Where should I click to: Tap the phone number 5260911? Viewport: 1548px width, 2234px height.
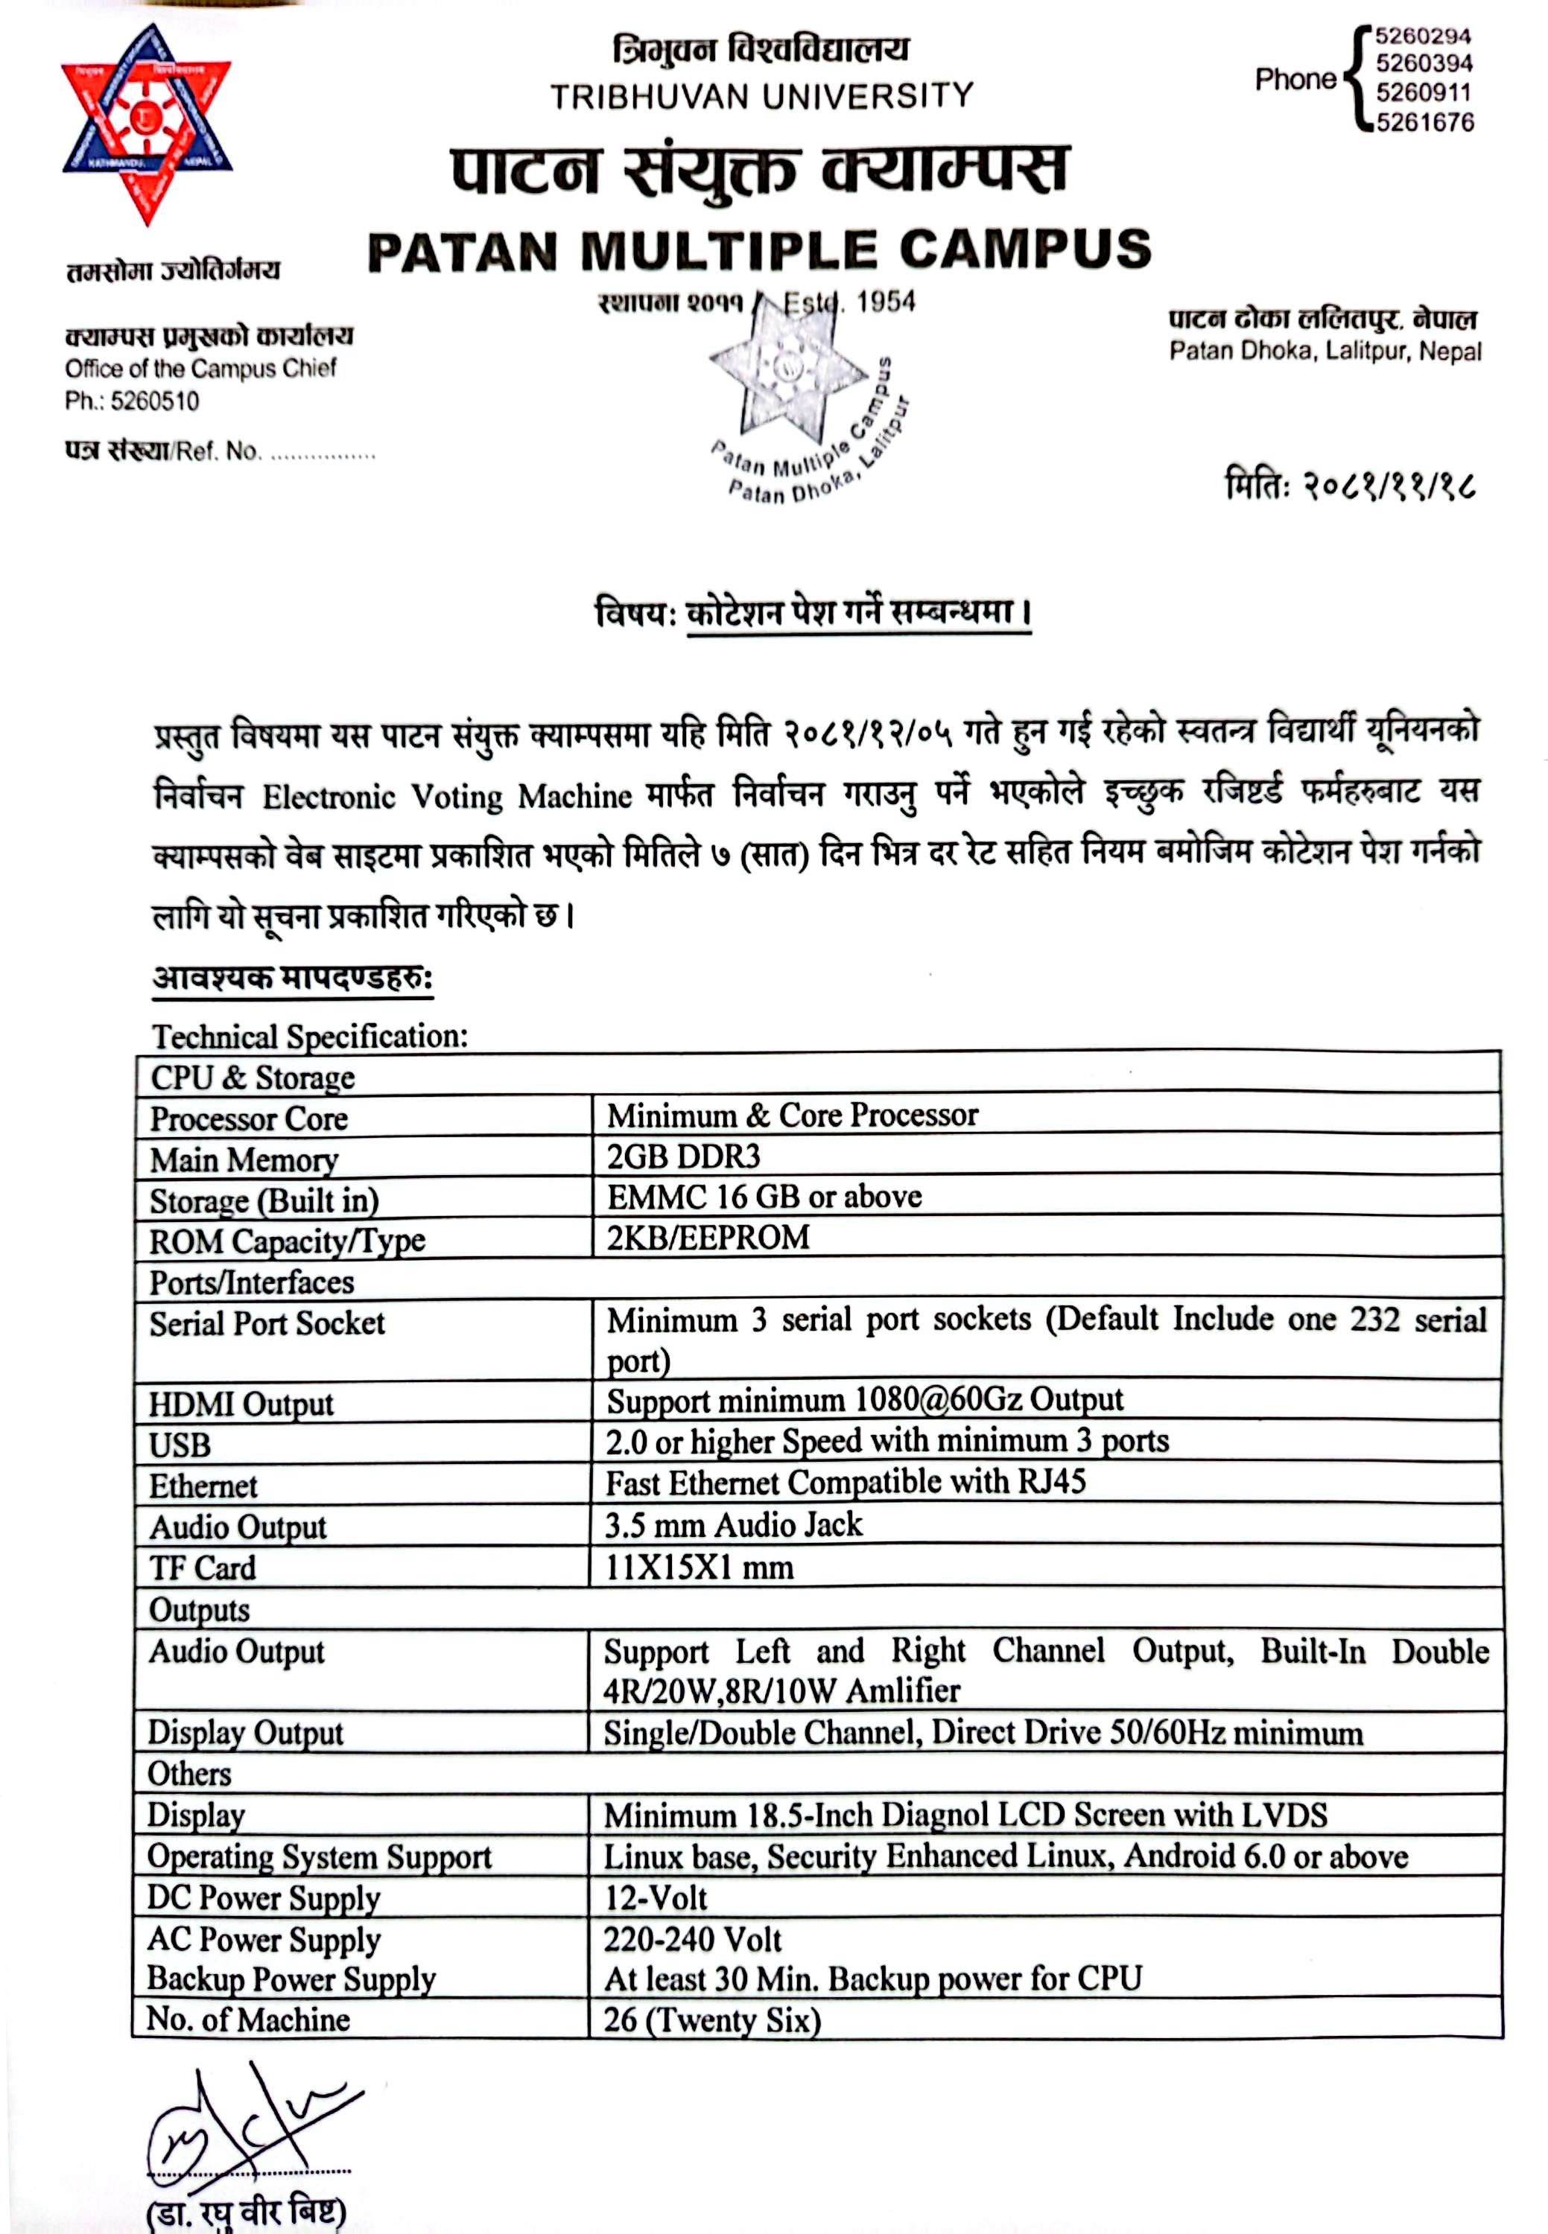pyautogui.click(x=1423, y=93)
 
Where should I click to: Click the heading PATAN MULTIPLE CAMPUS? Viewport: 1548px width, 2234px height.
pyautogui.click(x=759, y=250)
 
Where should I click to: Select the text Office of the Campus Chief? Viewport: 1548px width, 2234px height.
pyautogui.click(x=201, y=369)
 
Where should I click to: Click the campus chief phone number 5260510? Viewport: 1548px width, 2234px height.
pyautogui.click(x=154, y=401)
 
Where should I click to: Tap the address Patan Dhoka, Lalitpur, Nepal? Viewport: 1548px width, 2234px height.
pyautogui.click(x=1325, y=351)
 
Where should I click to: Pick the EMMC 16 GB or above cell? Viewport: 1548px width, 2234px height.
pyautogui.click(x=764, y=1197)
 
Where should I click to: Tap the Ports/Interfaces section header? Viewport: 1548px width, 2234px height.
pyautogui.click(x=251, y=1282)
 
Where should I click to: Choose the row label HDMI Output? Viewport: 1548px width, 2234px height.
pyautogui.click(x=241, y=1403)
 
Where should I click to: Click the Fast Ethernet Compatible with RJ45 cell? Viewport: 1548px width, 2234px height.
pyautogui.click(x=845, y=1483)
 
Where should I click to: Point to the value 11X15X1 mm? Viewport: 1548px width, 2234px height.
pyautogui.click(x=698, y=1567)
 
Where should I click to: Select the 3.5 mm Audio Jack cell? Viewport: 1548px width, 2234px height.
pyautogui.click(x=733, y=1524)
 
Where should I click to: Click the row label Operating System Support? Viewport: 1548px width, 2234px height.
pyautogui.click(x=319, y=1856)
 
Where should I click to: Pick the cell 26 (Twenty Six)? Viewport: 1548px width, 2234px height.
pyautogui.click(x=712, y=2020)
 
